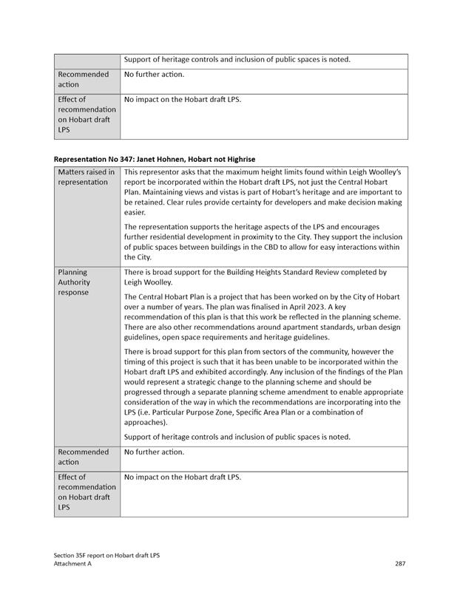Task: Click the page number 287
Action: (400, 563)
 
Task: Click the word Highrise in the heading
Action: (239, 159)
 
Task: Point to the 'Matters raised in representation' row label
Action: (86, 177)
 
